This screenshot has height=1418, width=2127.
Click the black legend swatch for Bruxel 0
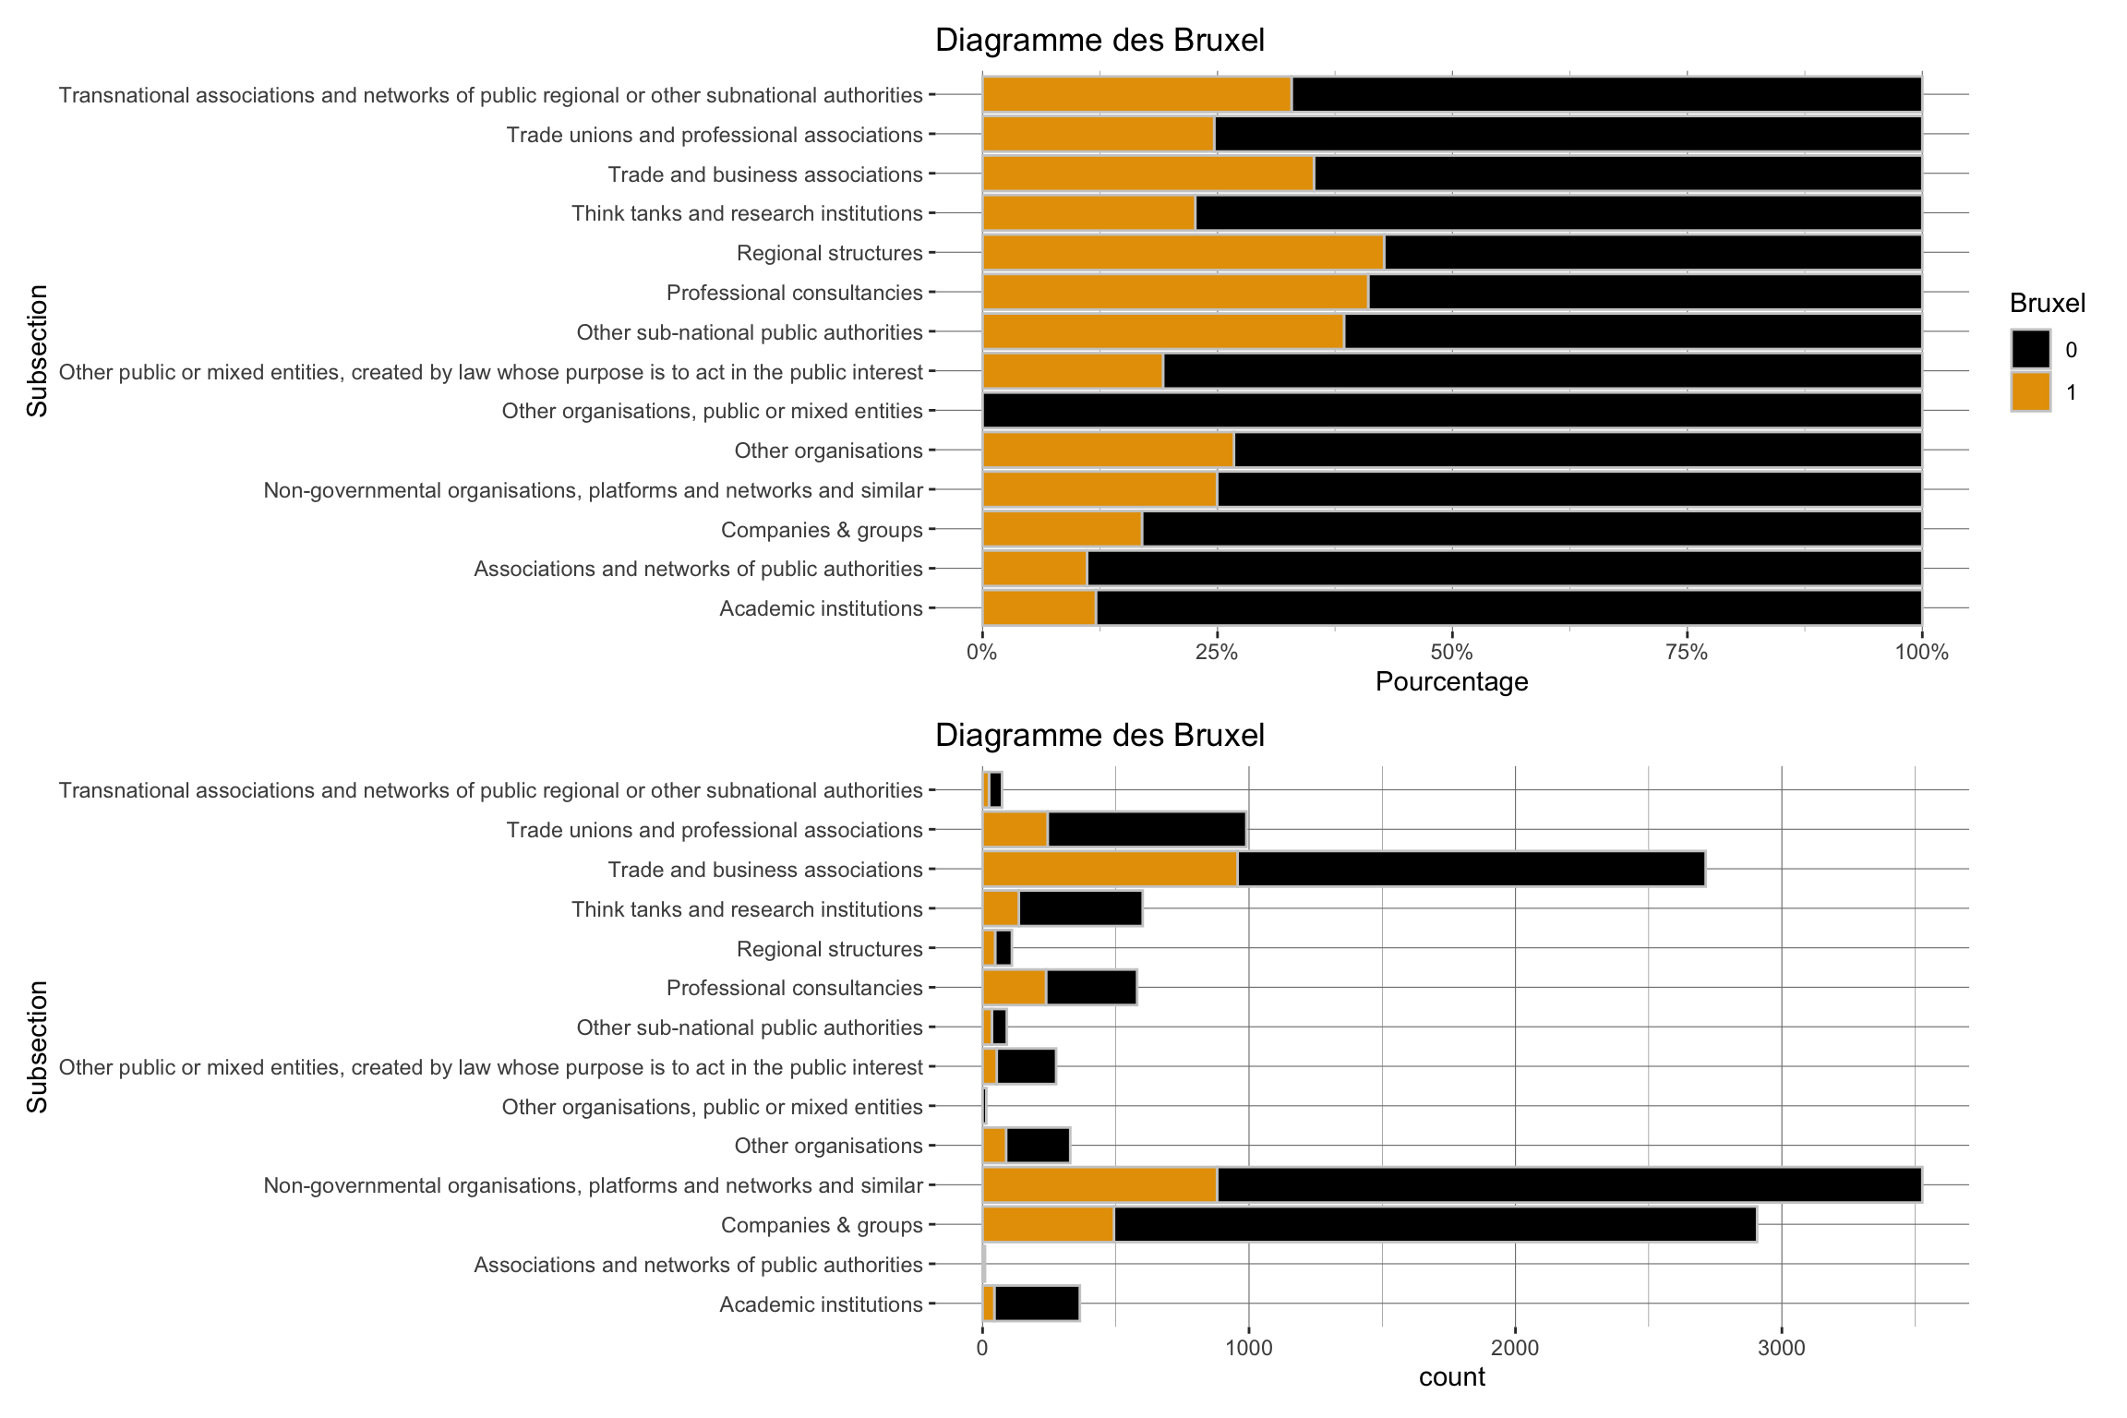tap(2031, 350)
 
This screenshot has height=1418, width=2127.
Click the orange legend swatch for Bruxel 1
tap(2031, 392)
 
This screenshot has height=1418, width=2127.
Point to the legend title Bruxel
tap(2048, 303)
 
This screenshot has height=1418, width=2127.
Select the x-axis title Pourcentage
tap(1451, 682)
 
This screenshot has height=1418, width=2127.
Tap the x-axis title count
tap(1451, 1377)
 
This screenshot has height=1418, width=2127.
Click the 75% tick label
tap(1687, 654)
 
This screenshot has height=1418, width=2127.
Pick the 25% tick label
tap(1217, 654)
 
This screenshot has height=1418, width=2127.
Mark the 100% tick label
tap(1921, 654)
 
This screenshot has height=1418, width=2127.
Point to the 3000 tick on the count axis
tap(1781, 1348)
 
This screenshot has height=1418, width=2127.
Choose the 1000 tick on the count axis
tap(1248, 1348)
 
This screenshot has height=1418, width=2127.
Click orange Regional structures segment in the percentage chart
tap(1183, 253)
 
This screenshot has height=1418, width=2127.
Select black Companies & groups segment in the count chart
tap(1435, 1225)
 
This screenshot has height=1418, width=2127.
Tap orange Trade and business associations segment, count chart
tap(1110, 870)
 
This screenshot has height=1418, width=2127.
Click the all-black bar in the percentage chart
tap(1451, 411)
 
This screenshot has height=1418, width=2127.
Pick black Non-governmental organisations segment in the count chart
tap(1568, 1185)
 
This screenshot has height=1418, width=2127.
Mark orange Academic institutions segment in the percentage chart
tap(1039, 608)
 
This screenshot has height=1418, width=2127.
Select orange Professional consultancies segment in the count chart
tap(1014, 988)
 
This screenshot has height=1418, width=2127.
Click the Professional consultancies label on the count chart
tap(794, 989)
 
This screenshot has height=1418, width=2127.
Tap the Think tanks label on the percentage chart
tap(747, 214)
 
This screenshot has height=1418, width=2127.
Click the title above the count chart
tap(1100, 736)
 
